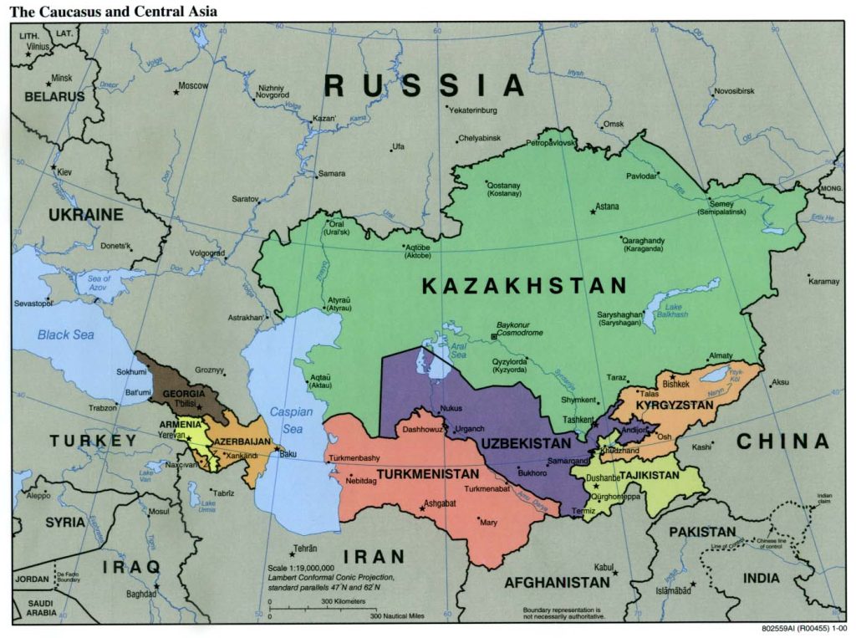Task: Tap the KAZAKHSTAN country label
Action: [x=524, y=286]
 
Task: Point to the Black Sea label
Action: [x=65, y=334]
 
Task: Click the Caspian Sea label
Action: [x=291, y=421]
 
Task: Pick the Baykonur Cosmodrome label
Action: [x=520, y=329]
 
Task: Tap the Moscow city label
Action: [x=193, y=85]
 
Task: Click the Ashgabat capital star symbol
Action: [x=421, y=508]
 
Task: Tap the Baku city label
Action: [x=288, y=454]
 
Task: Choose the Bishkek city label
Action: [x=675, y=384]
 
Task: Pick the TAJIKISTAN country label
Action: [x=650, y=475]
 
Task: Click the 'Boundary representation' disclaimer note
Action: [x=562, y=613]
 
